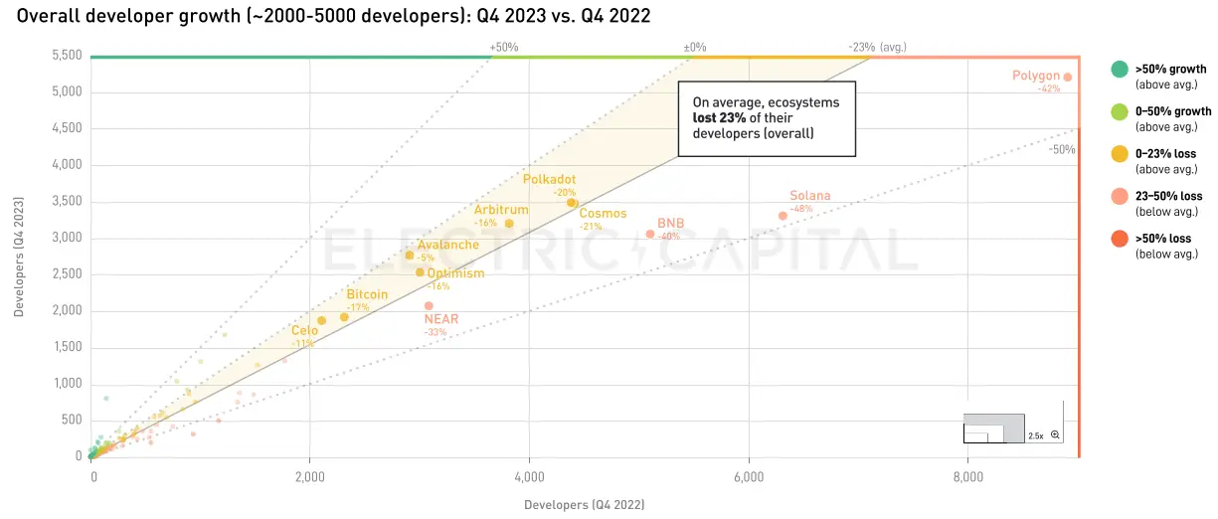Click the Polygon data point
1067,77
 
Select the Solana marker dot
783,216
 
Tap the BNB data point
650,234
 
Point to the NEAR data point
429,305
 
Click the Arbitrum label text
500,210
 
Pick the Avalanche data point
409,256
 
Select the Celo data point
321,320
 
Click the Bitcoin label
367,294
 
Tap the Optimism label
455,273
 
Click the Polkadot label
549,180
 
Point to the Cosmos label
603,214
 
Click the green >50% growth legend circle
1119,70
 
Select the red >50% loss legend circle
1119,239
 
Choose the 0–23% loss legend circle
1119,154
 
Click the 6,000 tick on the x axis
749,476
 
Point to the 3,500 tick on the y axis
65,202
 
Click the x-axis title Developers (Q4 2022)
584,504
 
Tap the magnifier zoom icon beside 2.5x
1055,435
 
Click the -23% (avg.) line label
877,47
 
